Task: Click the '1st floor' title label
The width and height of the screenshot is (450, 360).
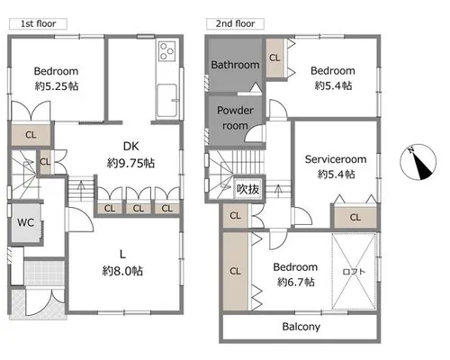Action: pos(38,23)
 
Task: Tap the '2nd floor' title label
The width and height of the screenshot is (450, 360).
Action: pos(235,23)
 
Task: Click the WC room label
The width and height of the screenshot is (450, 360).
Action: pos(25,222)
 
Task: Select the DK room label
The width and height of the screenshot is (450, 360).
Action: pos(131,146)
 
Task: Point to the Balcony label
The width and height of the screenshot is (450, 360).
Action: pos(301,327)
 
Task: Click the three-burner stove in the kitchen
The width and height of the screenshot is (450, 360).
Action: pos(166,51)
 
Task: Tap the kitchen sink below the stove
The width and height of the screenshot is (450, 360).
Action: pos(167,100)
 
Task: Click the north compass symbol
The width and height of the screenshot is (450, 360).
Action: pos(418,162)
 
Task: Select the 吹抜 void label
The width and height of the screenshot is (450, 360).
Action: pos(247,189)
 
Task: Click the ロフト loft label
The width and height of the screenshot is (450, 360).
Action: pos(354,272)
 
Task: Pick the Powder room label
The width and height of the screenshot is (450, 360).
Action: pos(235,118)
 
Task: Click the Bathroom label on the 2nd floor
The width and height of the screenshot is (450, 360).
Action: pos(235,65)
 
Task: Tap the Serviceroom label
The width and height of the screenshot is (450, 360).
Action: pos(336,159)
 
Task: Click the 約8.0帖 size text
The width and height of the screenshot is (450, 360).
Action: pos(122,271)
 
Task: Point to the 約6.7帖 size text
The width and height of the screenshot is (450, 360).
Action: pos(296,282)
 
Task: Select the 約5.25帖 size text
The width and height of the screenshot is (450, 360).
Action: pos(57,86)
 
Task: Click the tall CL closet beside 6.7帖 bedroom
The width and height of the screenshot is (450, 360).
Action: pos(235,271)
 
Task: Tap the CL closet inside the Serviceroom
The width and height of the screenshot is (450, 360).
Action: pos(355,217)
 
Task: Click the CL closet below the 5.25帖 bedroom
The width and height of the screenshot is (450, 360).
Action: pos(31,135)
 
